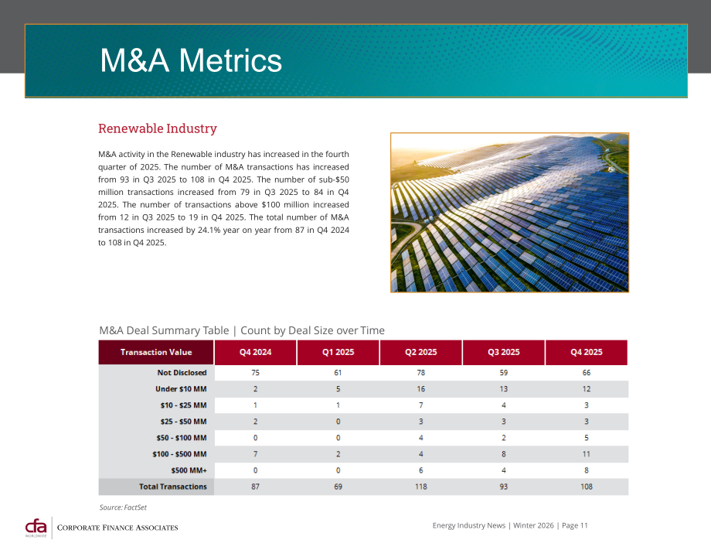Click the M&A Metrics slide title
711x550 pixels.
191,60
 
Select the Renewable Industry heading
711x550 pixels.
158,128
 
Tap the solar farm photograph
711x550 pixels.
509,213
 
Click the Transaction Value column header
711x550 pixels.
156,352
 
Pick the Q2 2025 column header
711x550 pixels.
420,352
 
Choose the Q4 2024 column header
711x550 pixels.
255,352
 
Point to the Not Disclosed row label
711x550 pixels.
182,373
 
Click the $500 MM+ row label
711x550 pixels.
189,470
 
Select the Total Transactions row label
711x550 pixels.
173,487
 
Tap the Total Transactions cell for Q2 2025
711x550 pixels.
420,487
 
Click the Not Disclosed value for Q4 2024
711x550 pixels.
255,373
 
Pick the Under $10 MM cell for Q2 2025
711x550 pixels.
420,389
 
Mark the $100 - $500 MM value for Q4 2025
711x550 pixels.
587,454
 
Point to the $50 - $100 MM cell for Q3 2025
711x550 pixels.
504,438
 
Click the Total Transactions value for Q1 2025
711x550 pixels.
338,487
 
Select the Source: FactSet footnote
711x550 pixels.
123,507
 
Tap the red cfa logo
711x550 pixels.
36,528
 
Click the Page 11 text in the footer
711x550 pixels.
574,525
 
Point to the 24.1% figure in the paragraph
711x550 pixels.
209,230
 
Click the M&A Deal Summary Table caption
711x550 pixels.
242,330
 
